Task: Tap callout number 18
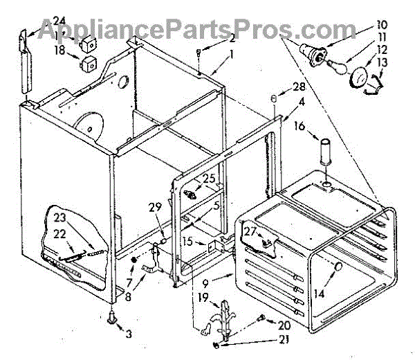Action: coord(60,51)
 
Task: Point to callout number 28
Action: coord(299,87)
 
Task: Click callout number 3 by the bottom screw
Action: coord(127,334)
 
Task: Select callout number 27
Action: coord(250,232)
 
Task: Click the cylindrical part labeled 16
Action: coord(324,152)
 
